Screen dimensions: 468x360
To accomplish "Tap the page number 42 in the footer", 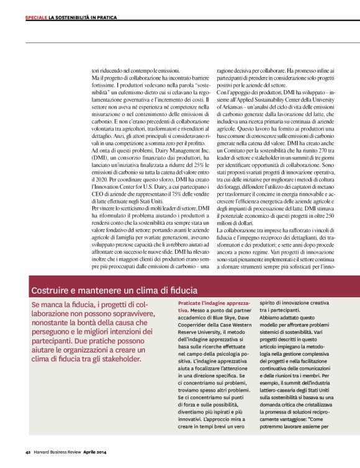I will tap(29, 451).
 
